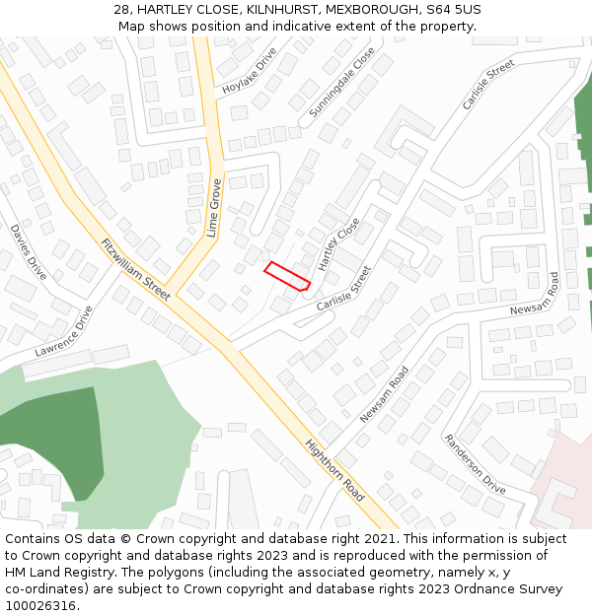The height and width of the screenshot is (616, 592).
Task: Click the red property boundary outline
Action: coord(287,276)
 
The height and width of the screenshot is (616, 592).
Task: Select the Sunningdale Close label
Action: coord(342,83)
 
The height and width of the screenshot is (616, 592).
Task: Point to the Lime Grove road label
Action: coord(213,208)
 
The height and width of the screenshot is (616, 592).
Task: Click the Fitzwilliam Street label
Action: coord(135,268)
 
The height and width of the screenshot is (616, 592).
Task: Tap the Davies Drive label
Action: coord(29,251)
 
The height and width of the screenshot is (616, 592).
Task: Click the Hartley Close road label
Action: coord(339,246)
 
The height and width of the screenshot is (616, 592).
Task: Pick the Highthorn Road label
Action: coord(334,470)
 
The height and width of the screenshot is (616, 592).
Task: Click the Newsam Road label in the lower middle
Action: coord(384,395)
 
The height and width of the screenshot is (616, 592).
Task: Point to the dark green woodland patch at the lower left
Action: coord(49,434)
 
